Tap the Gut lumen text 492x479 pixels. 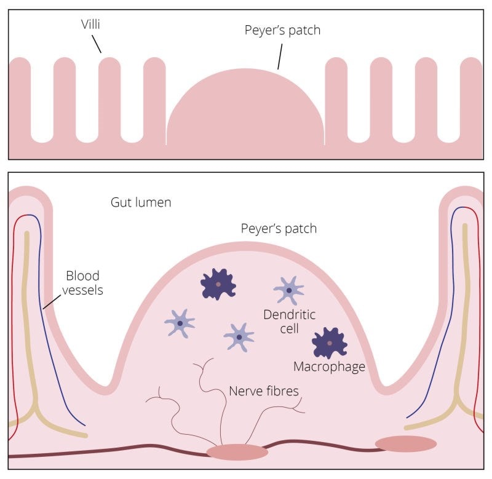click(x=141, y=202)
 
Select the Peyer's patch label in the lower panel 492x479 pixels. click(x=278, y=229)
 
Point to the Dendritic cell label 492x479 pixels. click(x=289, y=322)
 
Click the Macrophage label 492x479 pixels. click(x=329, y=367)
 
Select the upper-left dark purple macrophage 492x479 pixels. click(x=218, y=284)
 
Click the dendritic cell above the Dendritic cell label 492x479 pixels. click(x=288, y=290)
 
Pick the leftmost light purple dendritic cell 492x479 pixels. click(x=180, y=323)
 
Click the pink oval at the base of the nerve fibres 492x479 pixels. click(x=237, y=452)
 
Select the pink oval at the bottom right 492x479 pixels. click(x=405, y=443)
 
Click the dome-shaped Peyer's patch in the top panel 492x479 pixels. click(x=246, y=111)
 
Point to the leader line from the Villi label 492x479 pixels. click(x=96, y=43)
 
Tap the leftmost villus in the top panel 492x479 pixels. click(x=20, y=92)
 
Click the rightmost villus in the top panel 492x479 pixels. click(x=471, y=92)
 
